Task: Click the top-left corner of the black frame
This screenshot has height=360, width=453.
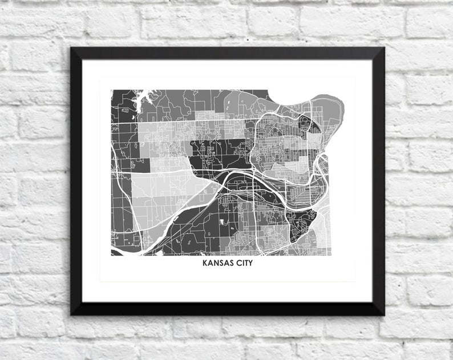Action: (72, 49)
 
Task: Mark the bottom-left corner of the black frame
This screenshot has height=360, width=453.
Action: (72, 313)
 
